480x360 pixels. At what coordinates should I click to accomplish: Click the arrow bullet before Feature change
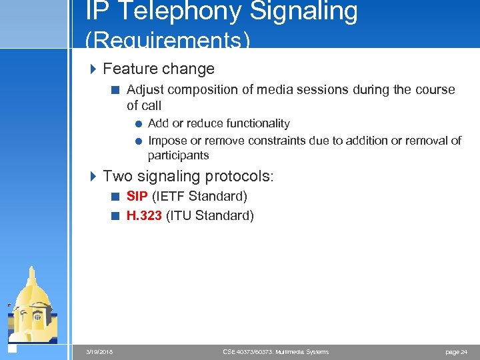click(x=93, y=69)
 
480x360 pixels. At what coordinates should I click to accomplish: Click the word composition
click(x=203, y=89)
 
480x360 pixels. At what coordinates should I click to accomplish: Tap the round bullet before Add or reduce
click(x=138, y=123)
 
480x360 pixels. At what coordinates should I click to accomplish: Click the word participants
click(x=178, y=155)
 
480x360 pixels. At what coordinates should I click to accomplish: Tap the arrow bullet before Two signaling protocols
click(x=93, y=176)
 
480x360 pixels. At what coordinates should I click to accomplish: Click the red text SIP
click(x=137, y=196)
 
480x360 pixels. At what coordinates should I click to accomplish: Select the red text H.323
click(x=144, y=215)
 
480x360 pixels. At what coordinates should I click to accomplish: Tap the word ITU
click(x=181, y=215)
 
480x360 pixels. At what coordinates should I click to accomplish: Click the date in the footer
click(x=99, y=351)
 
